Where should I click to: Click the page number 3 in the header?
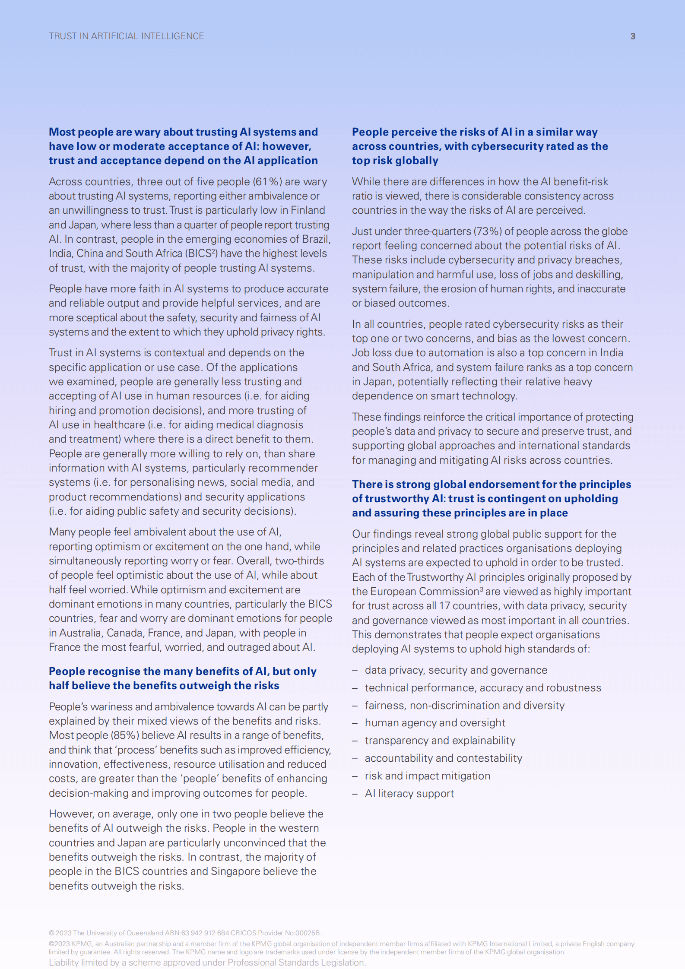pos(633,36)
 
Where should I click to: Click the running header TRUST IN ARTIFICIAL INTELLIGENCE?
pos(126,36)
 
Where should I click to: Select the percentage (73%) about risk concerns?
pos(488,231)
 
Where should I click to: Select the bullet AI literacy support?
pos(409,794)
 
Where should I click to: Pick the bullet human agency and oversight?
pos(435,723)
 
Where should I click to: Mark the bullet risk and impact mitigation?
pos(427,776)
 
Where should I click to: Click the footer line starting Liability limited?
pos(207,963)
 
